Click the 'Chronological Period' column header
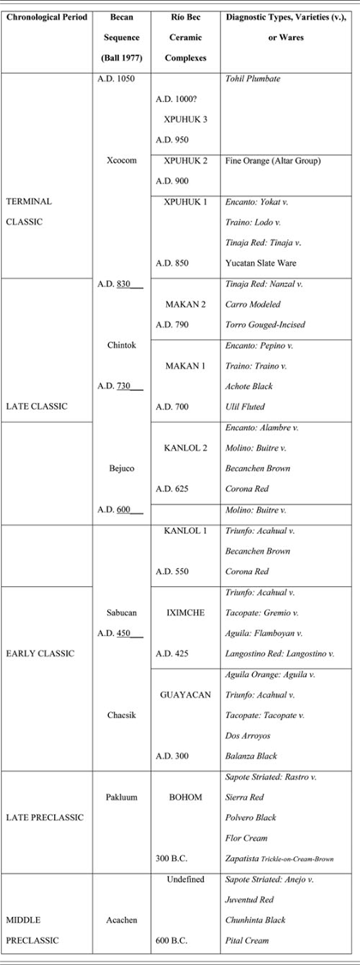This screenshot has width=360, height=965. tap(47, 17)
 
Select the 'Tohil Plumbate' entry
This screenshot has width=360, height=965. tap(252, 79)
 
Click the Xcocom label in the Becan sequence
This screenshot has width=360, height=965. tap(122, 159)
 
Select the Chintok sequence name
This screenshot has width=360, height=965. tap(122, 345)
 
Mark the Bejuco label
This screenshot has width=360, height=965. tap(122, 468)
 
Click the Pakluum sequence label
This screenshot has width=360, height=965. tap(122, 797)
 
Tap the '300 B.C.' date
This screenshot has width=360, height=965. tap(174, 858)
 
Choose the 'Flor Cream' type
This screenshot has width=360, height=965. tap(246, 837)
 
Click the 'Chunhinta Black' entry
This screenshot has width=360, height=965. tap(257, 920)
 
